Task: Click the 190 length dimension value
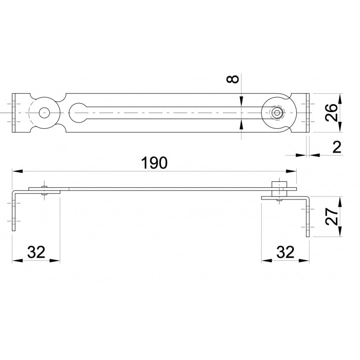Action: pyautogui.click(x=154, y=163)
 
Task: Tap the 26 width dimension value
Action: pyautogui.click(x=331, y=113)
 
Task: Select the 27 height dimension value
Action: pyautogui.click(x=331, y=216)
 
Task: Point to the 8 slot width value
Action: pyautogui.click(x=233, y=79)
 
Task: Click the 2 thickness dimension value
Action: pyautogui.click(x=337, y=147)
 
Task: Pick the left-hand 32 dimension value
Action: pyautogui.click(x=36, y=252)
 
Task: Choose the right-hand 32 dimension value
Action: pyautogui.click(x=285, y=252)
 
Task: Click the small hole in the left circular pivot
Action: pyautogui.click(x=44, y=113)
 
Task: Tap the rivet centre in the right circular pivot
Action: pyautogui.click(x=277, y=113)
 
